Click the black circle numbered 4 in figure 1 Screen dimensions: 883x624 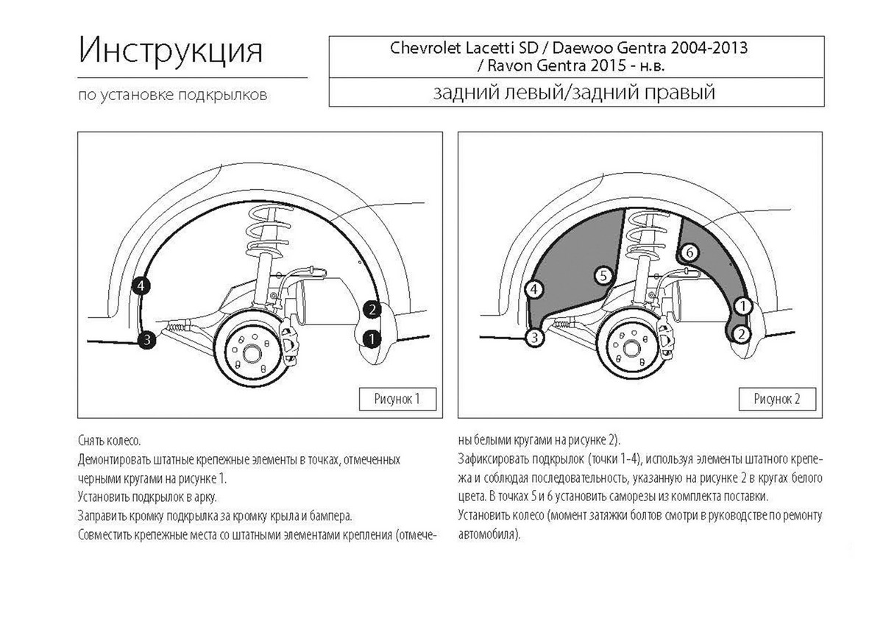click(x=141, y=286)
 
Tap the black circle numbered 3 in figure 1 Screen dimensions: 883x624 click(x=146, y=339)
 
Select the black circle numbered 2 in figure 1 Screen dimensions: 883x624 click(x=372, y=310)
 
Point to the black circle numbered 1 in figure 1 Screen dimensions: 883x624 click(x=372, y=338)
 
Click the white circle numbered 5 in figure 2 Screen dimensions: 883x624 click(x=603, y=276)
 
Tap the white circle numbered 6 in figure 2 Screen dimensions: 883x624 click(x=689, y=252)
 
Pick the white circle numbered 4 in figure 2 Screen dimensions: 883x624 click(x=534, y=290)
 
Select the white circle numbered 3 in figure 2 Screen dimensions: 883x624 click(x=534, y=338)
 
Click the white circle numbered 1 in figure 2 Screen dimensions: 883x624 click(x=743, y=306)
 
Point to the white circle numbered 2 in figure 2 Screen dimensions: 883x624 click(x=742, y=334)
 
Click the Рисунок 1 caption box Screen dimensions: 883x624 click(x=397, y=399)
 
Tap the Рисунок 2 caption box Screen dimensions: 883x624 click(x=777, y=399)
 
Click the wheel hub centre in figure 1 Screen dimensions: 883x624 click(x=252, y=354)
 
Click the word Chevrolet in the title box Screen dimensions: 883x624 click(x=425, y=48)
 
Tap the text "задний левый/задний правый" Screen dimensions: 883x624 click(x=574, y=93)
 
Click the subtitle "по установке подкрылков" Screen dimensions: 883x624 click(x=173, y=95)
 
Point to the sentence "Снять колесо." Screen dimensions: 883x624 click(x=109, y=440)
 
